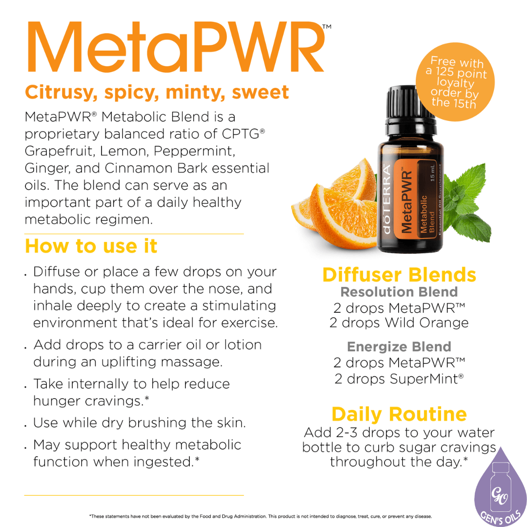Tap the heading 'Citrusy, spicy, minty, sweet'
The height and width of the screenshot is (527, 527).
(157, 91)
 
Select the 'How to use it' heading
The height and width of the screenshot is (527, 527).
(91, 246)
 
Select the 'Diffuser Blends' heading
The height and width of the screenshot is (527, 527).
(399, 275)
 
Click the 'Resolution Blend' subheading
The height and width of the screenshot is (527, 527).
(399, 292)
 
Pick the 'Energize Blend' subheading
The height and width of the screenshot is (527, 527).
(399, 347)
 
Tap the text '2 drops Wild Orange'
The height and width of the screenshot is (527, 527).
(399, 323)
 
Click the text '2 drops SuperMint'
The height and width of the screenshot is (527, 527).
(398, 379)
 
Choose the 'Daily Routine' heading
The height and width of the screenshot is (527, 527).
(399, 414)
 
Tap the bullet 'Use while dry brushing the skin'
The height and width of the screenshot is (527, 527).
(139, 423)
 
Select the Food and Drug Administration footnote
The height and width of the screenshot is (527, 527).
(260, 516)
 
